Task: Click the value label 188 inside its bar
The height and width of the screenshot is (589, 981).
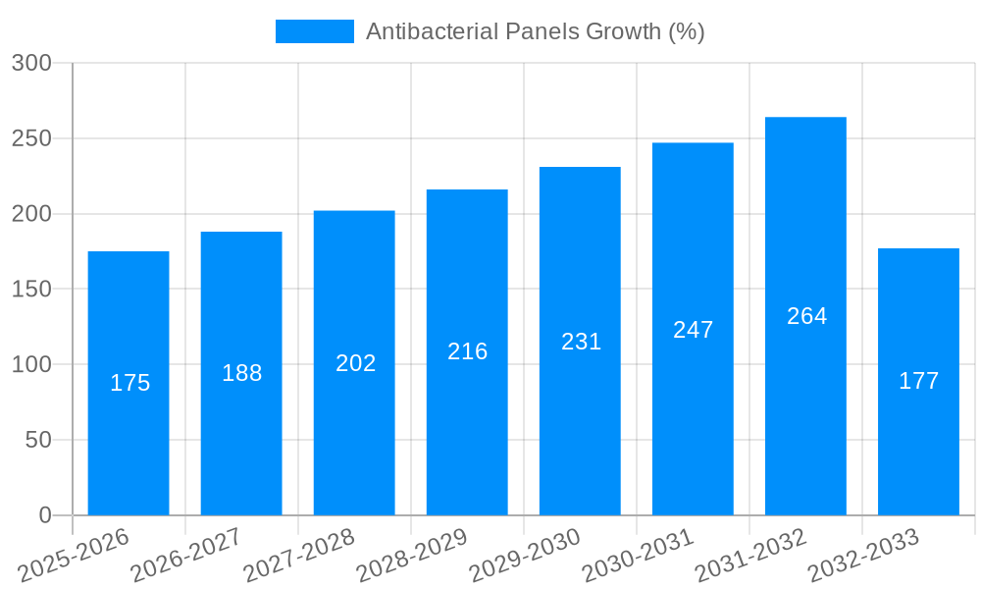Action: (x=241, y=373)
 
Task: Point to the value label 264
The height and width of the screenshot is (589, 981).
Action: (x=806, y=316)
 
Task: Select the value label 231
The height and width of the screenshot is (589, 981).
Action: (x=581, y=342)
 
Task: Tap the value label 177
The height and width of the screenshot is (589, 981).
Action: (x=918, y=381)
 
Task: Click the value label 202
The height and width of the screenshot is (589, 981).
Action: (x=355, y=363)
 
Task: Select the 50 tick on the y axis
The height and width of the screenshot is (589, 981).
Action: (x=37, y=440)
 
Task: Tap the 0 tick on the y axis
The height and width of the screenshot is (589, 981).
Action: (x=44, y=515)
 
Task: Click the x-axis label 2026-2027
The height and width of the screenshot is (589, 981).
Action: (x=186, y=555)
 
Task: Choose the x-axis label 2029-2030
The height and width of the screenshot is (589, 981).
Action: (x=525, y=555)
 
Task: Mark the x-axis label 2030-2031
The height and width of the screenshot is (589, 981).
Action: (x=638, y=555)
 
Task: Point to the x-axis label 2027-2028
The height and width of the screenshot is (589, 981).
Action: (x=299, y=555)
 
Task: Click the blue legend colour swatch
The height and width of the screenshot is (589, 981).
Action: (x=314, y=31)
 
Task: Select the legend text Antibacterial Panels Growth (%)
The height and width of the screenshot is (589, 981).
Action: (x=535, y=31)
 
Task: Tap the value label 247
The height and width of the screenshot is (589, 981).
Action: (x=693, y=330)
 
